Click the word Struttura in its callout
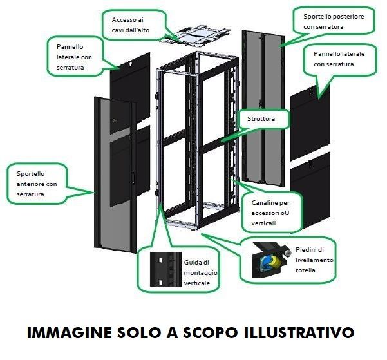point(261,118)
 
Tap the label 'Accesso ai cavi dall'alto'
point(131,25)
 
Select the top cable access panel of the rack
point(195,36)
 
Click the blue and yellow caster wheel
point(270,263)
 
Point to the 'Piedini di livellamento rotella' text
point(314,260)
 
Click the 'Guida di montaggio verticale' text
point(200,272)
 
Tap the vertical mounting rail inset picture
point(165,269)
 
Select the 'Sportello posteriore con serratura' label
point(334,21)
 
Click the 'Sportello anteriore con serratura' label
point(37,184)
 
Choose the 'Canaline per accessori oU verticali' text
point(270,213)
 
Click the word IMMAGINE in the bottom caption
point(70,332)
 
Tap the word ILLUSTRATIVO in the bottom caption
point(299,332)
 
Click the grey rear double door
point(263,108)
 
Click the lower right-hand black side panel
point(310,193)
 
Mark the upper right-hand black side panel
point(310,123)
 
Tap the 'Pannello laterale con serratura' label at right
point(339,59)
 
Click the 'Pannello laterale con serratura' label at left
point(74,57)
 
